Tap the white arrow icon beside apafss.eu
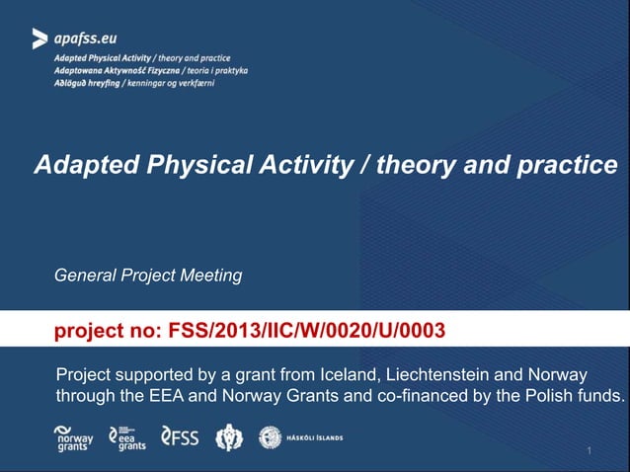coord(39,39)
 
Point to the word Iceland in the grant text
coord(349,376)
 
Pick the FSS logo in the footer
coord(179,436)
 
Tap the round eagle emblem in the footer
coord(230,436)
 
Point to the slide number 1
coord(589,451)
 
